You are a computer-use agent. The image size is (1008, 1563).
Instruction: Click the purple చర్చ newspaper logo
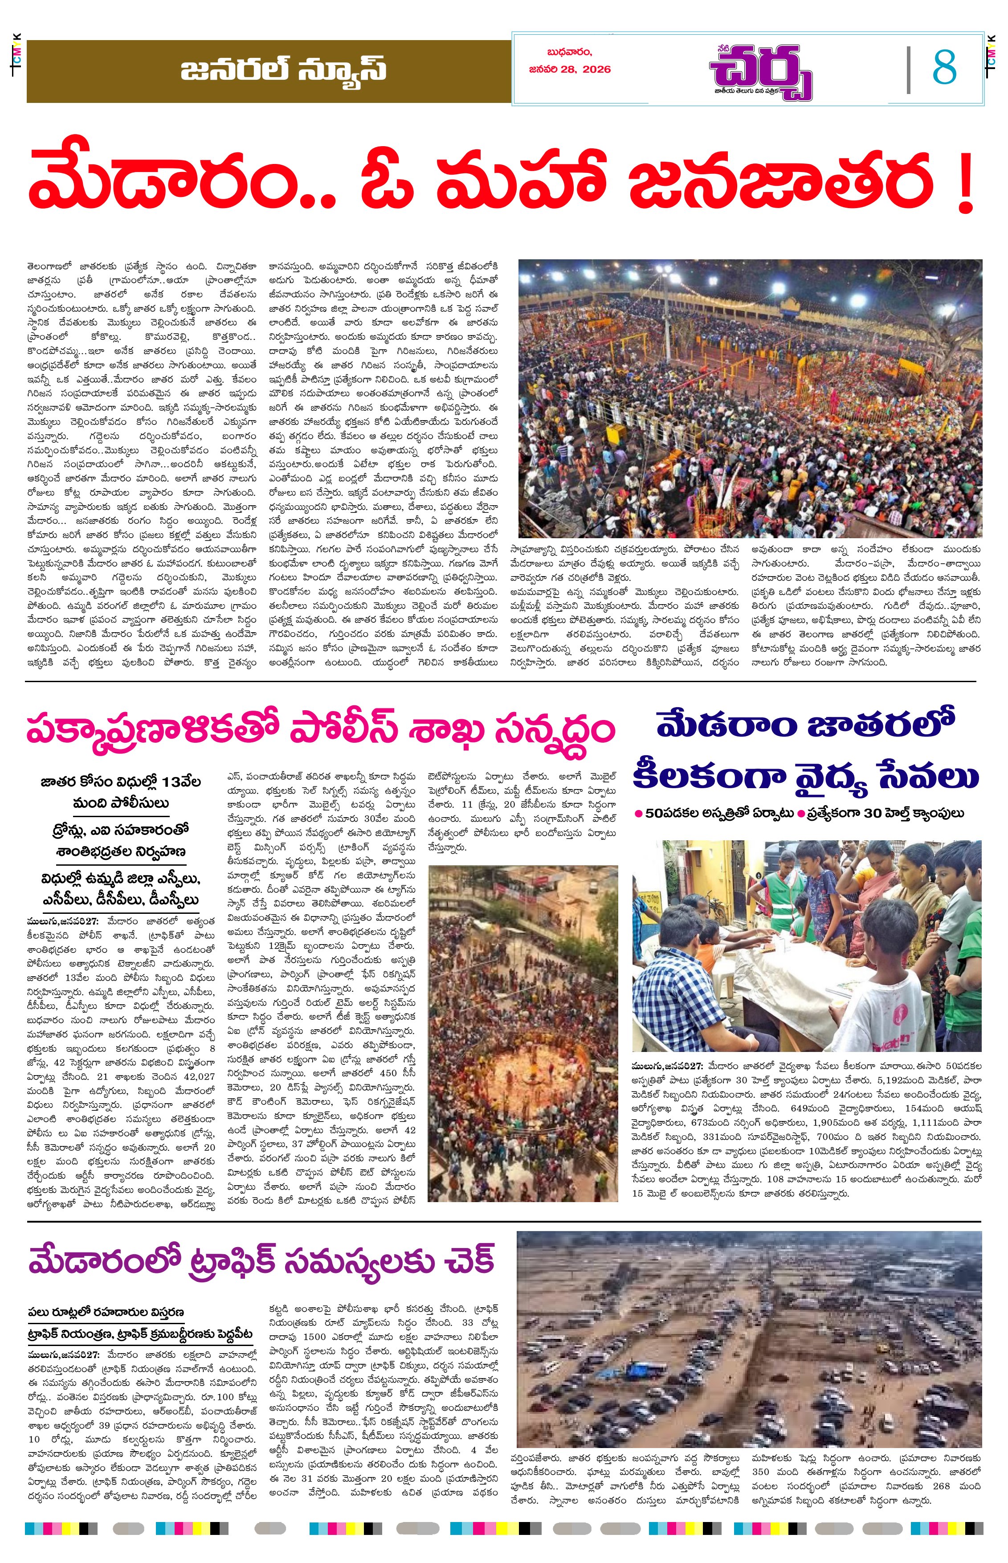pos(761,71)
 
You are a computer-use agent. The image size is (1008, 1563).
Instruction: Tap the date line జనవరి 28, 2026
pos(569,70)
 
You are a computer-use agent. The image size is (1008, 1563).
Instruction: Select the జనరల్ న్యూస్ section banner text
pos(283,70)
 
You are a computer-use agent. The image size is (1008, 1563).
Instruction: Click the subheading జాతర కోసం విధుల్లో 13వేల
pos(120,781)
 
